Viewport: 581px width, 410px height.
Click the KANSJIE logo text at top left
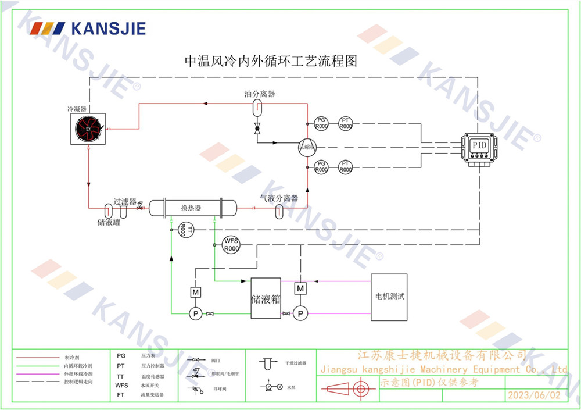click(x=107, y=28)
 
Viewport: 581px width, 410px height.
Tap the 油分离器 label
click(x=259, y=94)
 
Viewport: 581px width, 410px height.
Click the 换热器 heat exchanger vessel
click(x=192, y=208)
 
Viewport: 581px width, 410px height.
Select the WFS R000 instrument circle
click(x=231, y=244)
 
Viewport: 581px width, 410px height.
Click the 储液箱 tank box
click(x=266, y=298)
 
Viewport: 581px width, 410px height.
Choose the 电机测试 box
click(x=389, y=297)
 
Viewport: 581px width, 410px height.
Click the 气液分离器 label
click(x=279, y=198)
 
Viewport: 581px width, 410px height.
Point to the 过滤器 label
click(x=125, y=201)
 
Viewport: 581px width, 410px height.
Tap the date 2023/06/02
click(x=534, y=395)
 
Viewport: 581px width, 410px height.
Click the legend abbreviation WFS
click(x=121, y=385)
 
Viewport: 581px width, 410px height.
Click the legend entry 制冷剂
click(x=72, y=357)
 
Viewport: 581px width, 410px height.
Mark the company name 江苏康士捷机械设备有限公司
click(x=442, y=355)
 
